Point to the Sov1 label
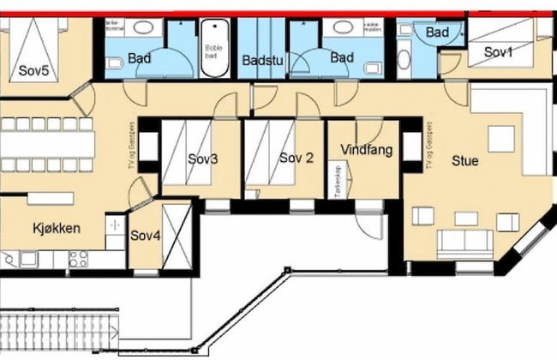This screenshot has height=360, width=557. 499,53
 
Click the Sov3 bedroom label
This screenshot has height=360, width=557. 202,159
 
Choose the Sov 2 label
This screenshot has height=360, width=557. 296,158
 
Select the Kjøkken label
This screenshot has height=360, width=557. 53,229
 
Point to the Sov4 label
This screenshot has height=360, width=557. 145,236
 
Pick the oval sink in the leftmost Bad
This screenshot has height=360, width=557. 142,28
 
